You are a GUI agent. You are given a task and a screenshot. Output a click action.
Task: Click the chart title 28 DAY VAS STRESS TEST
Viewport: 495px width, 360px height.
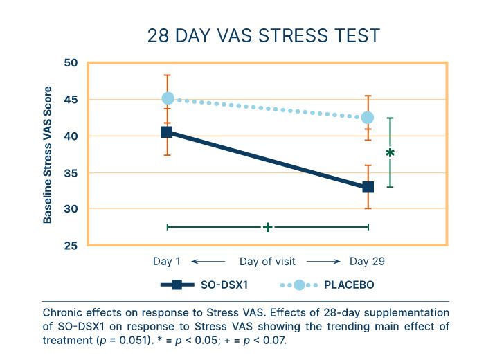point(263,35)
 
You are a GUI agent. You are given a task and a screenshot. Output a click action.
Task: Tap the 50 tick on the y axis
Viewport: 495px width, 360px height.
point(71,63)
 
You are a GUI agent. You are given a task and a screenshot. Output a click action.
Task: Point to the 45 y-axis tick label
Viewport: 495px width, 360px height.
point(71,100)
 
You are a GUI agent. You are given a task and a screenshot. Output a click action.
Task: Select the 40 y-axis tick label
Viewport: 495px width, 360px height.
point(71,136)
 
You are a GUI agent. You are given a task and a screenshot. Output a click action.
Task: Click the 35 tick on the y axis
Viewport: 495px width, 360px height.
point(71,172)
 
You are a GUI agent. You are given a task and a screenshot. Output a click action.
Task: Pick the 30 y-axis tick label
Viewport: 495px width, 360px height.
point(71,209)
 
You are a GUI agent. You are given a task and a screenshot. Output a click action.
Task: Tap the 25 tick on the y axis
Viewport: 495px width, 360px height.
point(71,245)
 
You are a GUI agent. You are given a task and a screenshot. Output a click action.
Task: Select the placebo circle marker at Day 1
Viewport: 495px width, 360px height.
point(168,99)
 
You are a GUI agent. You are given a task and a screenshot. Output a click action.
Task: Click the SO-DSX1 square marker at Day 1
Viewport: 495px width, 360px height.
point(167,132)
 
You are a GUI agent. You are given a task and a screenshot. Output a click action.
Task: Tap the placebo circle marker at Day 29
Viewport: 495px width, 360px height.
point(368,118)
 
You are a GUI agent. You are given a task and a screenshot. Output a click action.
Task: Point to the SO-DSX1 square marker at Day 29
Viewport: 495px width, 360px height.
point(368,187)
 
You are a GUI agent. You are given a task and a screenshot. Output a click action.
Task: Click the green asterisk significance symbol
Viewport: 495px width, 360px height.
point(390,153)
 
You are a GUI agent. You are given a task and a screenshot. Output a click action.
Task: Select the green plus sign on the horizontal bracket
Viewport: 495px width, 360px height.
point(268,227)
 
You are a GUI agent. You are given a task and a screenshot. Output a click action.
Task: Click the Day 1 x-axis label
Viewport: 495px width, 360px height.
point(167,262)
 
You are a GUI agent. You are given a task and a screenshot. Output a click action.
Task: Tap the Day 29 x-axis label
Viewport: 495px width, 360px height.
point(367,262)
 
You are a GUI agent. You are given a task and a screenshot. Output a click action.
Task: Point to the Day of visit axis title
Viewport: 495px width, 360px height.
point(267,262)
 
